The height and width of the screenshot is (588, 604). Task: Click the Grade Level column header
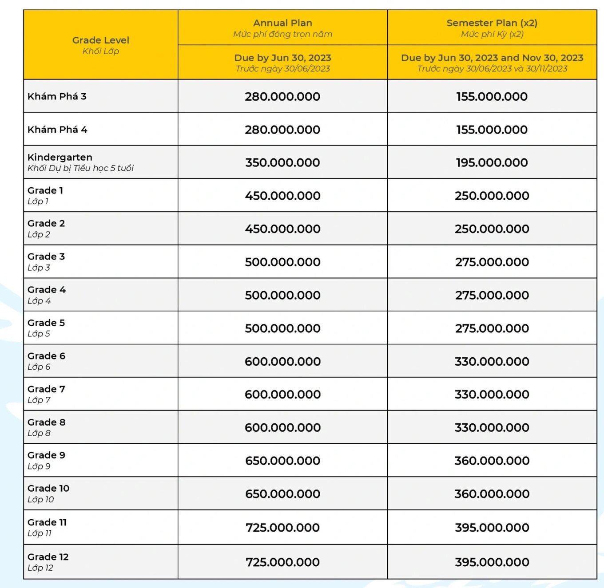(x=101, y=40)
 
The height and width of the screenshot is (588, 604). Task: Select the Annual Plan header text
(x=282, y=23)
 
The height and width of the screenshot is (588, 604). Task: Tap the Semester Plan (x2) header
(x=492, y=23)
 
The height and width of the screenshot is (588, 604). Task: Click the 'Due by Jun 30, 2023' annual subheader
(x=282, y=58)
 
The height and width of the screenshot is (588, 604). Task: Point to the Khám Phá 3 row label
(x=57, y=96)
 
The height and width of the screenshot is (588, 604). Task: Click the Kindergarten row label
(x=60, y=157)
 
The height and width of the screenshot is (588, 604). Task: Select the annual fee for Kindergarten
(x=282, y=162)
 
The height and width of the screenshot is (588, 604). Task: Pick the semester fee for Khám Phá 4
(x=492, y=130)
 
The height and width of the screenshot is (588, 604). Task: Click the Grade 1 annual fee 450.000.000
(x=282, y=196)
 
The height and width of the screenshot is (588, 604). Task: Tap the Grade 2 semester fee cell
(x=492, y=229)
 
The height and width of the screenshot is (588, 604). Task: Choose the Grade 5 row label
(x=46, y=323)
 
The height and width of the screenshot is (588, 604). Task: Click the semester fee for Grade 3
(x=492, y=262)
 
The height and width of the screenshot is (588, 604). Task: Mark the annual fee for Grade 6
(x=282, y=362)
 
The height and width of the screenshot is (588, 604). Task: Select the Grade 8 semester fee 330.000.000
(x=492, y=428)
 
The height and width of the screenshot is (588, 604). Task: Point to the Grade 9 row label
(x=46, y=455)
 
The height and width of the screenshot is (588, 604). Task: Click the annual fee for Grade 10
(x=282, y=494)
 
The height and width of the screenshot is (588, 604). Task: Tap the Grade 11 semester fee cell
(x=492, y=528)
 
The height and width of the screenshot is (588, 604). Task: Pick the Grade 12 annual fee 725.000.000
(x=282, y=562)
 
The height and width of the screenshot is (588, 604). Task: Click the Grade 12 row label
(x=48, y=557)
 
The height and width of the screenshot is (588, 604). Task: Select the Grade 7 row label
(x=46, y=389)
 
